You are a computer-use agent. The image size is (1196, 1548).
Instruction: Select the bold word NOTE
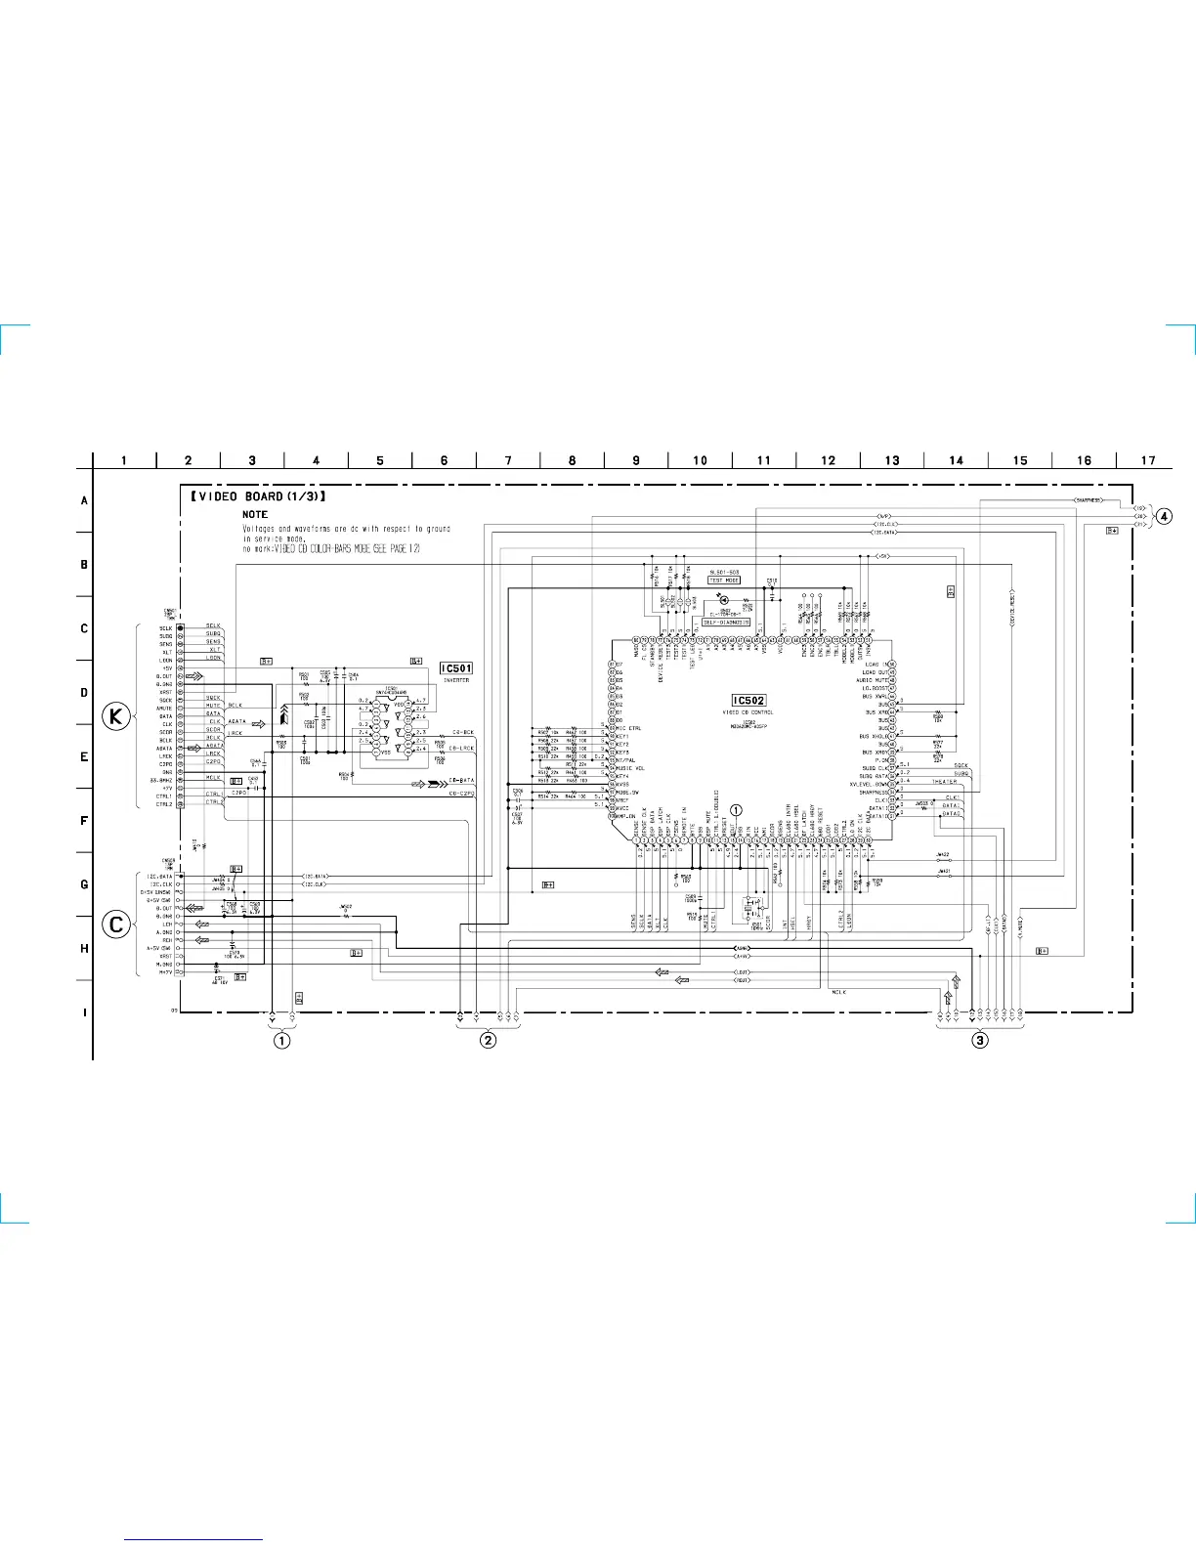tap(255, 514)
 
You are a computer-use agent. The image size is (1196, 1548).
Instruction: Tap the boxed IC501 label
tap(456, 668)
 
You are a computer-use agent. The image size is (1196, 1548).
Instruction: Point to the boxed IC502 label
tap(749, 701)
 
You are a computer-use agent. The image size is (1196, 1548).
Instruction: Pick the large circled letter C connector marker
tap(116, 924)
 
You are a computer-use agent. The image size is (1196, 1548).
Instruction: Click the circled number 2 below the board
tap(488, 1040)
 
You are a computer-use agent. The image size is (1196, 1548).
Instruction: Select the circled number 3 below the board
tap(980, 1040)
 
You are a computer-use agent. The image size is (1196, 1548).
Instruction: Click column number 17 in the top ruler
tap(1148, 460)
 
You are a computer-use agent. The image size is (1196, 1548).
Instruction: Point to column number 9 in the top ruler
tap(636, 460)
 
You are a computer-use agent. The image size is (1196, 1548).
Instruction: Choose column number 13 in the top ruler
tap(892, 460)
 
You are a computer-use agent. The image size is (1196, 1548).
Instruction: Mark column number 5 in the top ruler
tap(380, 460)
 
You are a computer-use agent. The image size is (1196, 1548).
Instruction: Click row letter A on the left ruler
tap(85, 500)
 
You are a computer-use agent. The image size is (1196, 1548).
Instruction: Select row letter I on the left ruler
tap(85, 1012)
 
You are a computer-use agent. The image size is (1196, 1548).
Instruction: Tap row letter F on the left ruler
tap(85, 821)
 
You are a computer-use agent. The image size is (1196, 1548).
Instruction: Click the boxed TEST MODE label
tap(724, 580)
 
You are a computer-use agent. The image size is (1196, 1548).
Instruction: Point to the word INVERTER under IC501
tap(456, 680)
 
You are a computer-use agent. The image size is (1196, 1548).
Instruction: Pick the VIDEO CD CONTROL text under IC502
tap(749, 712)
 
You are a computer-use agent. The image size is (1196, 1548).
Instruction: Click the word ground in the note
tap(439, 529)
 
